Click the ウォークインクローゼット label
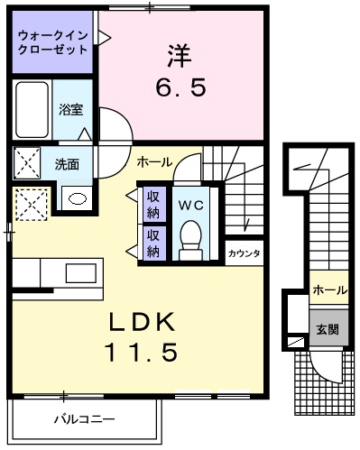(x=52, y=41)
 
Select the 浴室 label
(x=70, y=110)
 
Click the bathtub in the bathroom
(x=32, y=111)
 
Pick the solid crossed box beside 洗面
(x=27, y=164)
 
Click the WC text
(x=190, y=205)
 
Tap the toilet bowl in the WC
(x=190, y=240)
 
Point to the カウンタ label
(x=244, y=253)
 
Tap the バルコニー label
(x=83, y=419)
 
